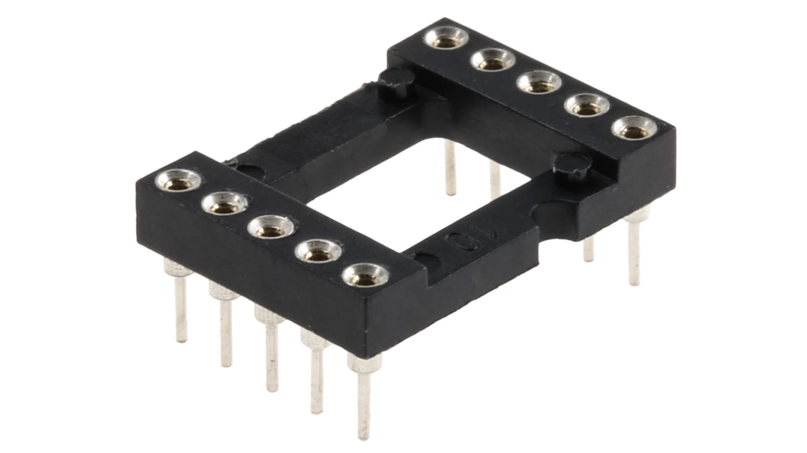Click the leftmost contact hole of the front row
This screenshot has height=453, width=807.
pos(178,181)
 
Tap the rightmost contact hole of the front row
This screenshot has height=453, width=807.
pos(365,275)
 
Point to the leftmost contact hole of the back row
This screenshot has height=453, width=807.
pos(446,38)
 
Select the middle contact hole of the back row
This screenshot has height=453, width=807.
pos(539,82)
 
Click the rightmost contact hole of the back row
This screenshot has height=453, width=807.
pos(634,128)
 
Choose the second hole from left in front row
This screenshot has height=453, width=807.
pos(224,203)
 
